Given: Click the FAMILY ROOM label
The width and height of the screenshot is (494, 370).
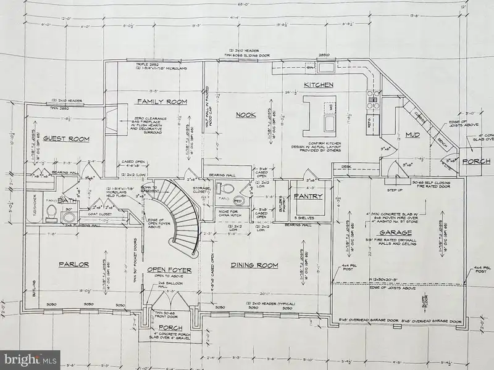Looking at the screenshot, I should click(x=161, y=101).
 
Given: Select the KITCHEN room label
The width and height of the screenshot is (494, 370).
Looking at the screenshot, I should click(x=318, y=84).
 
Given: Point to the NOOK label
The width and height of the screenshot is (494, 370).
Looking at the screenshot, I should click(x=246, y=114).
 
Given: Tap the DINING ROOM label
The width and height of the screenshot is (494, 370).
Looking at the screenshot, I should click(x=254, y=266).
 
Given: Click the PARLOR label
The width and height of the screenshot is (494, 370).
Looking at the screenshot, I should click(x=75, y=265).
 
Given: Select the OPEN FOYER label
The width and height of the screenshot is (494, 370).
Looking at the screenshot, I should click(x=169, y=270).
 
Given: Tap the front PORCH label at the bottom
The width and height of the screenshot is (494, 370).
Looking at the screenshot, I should click(x=168, y=327).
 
